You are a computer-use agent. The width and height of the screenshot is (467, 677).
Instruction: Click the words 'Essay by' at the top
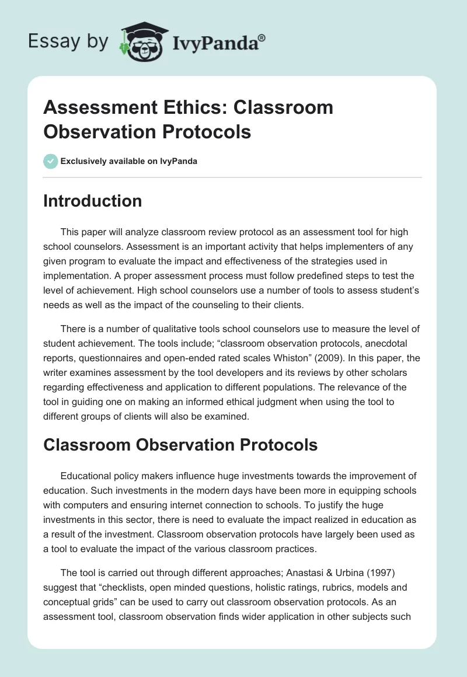[x=68, y=42]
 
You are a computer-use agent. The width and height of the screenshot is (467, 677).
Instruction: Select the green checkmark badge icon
[x=50, y=161]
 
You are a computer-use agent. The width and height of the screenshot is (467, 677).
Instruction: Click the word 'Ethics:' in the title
[x=183, y=107]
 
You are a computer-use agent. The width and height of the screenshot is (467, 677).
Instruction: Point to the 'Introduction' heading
[x=92, y=201]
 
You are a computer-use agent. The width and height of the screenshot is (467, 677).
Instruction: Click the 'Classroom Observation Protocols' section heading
[x=180, y=445]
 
